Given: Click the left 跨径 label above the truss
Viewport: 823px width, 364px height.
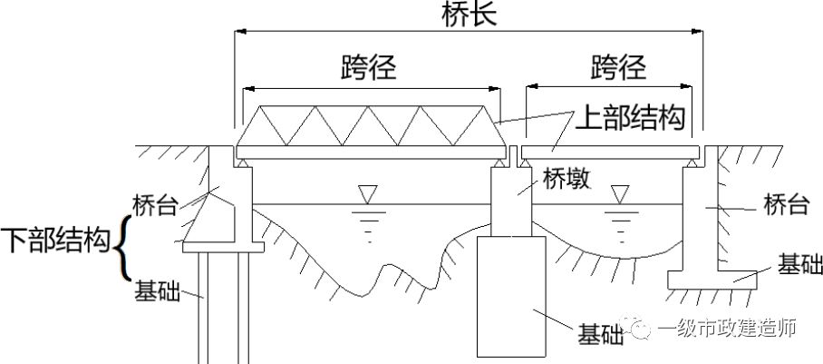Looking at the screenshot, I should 370,67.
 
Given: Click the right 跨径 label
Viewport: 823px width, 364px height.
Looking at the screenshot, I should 618,67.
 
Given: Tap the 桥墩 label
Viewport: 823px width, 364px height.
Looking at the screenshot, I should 566,178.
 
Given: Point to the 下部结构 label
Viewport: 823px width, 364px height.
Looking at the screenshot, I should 54,241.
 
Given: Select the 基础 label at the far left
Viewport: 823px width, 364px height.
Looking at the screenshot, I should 156,291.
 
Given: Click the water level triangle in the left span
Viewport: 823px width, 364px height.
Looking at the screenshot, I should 367,193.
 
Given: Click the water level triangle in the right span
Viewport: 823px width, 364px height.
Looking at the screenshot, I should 620,193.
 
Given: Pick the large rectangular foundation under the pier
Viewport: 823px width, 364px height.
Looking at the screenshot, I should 512,295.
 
